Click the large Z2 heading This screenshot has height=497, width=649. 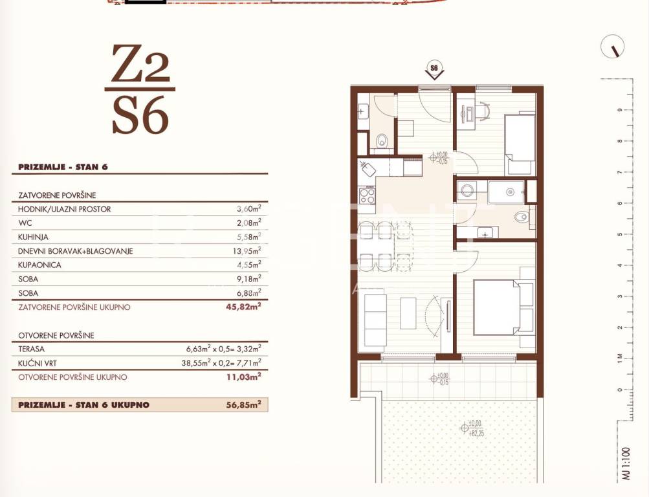click(140, 63)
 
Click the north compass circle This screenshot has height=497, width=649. click(612, 47)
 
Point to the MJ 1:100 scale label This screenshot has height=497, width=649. click(626, 463)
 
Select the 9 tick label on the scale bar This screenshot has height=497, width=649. click(620, 110)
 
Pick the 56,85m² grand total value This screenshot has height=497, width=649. click(243, 404)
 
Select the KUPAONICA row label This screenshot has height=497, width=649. click(39, 265)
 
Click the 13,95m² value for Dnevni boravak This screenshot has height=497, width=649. click(247, 251)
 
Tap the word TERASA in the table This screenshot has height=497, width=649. click(32, 349)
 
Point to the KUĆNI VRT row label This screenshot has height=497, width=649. click(38, 363)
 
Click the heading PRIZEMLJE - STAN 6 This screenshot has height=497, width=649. click(63, 167)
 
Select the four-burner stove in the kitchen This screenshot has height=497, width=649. click(367, 195)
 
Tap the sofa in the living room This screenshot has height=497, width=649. click(375, 320)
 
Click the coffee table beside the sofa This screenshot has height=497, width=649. click(408, 313)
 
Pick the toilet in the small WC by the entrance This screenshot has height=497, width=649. click(382, 141)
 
